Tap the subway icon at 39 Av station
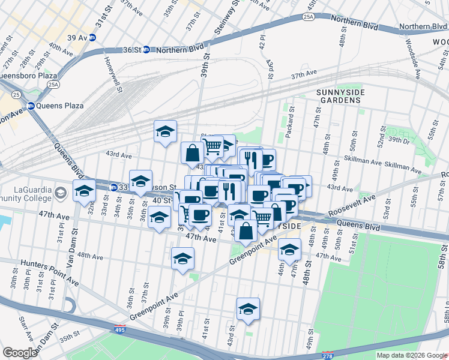(92, 37)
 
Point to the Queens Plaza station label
(59, 106)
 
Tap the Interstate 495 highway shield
(120, 329)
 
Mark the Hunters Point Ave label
(49, 272)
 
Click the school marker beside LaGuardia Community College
(84, 191)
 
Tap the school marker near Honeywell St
(165, 132)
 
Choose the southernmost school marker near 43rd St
(248, 309)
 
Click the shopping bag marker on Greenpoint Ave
(247, 230)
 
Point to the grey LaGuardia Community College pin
(61, 193)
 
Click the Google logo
(20, 352)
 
